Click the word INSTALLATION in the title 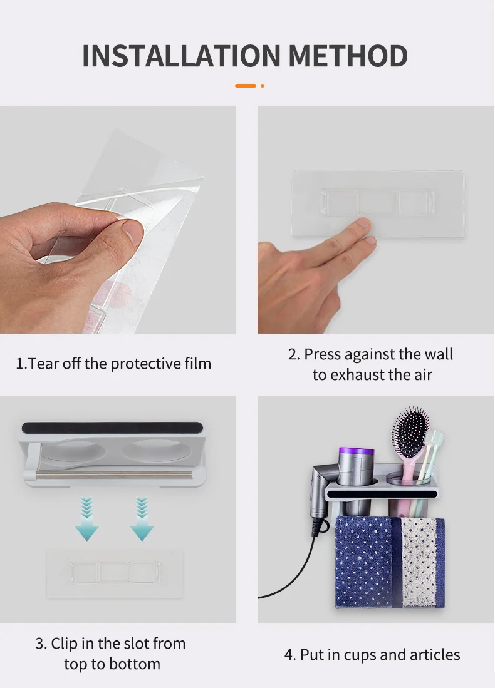(x=181, y=56)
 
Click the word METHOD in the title (x=348, y=56)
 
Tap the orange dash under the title (x=246, y=86)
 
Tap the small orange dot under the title (x=263, y=86)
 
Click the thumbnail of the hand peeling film (x=118, y=220)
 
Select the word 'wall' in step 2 (x=439, y=354)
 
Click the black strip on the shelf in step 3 (x=112, y=428)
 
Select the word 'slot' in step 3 (x=135, y=644)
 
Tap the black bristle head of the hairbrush (x=411, y=427)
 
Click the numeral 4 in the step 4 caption (x=289, y=655)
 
